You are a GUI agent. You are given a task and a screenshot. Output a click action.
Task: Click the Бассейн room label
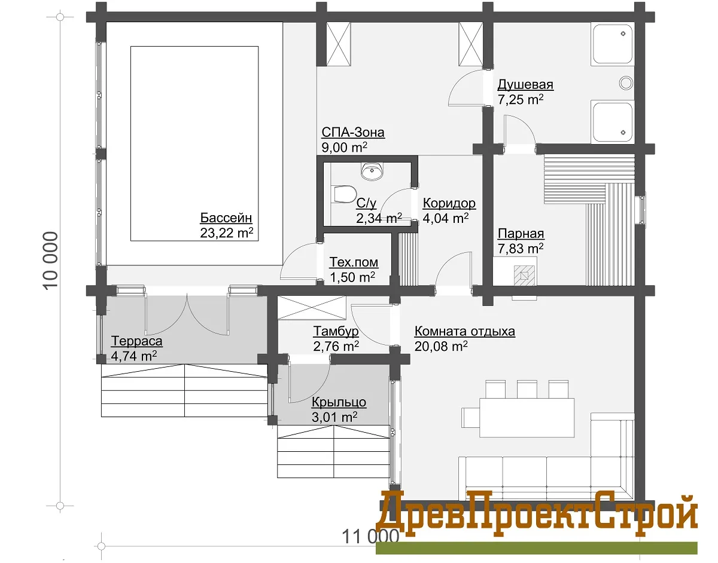[226, 218]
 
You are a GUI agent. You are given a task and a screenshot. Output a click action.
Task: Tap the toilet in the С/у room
[345, 194]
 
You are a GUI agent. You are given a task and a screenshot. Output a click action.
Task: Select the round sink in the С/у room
[372, 172]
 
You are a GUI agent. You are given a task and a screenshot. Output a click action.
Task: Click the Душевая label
[525, 85]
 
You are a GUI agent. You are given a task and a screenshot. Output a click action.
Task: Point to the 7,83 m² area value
[521, 249]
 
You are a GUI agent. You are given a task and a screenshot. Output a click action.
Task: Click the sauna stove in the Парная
[524, 276]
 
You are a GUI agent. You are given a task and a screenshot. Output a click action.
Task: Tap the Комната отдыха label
[464, 331]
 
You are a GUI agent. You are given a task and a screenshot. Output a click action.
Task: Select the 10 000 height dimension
[50, 261]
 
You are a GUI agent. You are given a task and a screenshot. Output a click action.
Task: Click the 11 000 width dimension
[370, 536]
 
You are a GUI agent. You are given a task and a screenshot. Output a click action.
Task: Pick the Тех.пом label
[354, 262]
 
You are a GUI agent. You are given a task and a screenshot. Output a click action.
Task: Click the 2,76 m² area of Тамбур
[336, 346]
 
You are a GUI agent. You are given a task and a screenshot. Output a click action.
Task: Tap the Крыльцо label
[339, 402]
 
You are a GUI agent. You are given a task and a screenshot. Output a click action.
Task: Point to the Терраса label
[137, 341]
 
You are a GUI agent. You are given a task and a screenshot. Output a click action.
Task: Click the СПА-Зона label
[353, 132]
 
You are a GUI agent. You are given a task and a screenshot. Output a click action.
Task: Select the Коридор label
[449, 203]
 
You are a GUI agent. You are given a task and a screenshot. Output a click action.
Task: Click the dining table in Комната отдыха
[527, 417]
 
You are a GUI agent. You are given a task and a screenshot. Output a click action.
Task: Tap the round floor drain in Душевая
[626, 83]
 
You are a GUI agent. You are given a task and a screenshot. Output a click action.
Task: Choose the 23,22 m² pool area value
[226, 233]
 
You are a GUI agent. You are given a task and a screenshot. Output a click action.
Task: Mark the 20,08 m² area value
[441, 346]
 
